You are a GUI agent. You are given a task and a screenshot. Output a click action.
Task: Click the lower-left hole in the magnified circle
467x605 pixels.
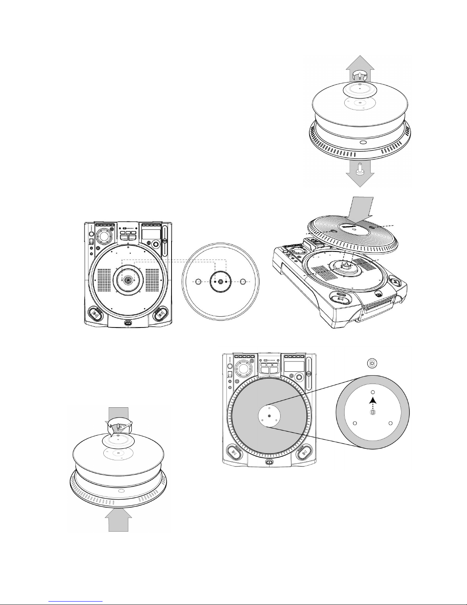[355, 423]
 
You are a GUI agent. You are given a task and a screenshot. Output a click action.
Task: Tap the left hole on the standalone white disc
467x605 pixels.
[198, 282]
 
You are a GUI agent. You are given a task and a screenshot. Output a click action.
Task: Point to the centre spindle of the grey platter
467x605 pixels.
[270, 415]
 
